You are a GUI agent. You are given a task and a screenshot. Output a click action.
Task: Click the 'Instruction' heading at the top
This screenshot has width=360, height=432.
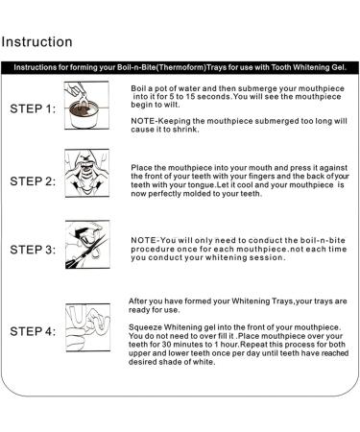point(37,42)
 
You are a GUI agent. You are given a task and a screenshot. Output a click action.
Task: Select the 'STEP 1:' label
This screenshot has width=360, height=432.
point(33,108)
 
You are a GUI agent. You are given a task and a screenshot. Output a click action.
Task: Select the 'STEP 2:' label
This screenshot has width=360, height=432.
point(33,180)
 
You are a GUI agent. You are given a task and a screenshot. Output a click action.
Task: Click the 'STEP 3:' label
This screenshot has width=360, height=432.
point(33,250)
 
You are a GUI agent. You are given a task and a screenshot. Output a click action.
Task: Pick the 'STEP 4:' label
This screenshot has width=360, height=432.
point(33,331)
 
